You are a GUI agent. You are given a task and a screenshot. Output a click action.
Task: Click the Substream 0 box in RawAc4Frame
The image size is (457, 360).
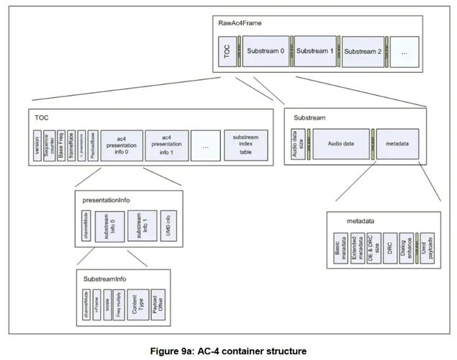point(266,51)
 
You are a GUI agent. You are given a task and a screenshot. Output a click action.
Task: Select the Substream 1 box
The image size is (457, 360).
point(315,51)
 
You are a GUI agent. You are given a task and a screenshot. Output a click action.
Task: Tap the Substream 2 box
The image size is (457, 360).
point(363,51)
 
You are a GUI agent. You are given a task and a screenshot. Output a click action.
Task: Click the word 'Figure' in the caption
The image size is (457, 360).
point(166,351)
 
